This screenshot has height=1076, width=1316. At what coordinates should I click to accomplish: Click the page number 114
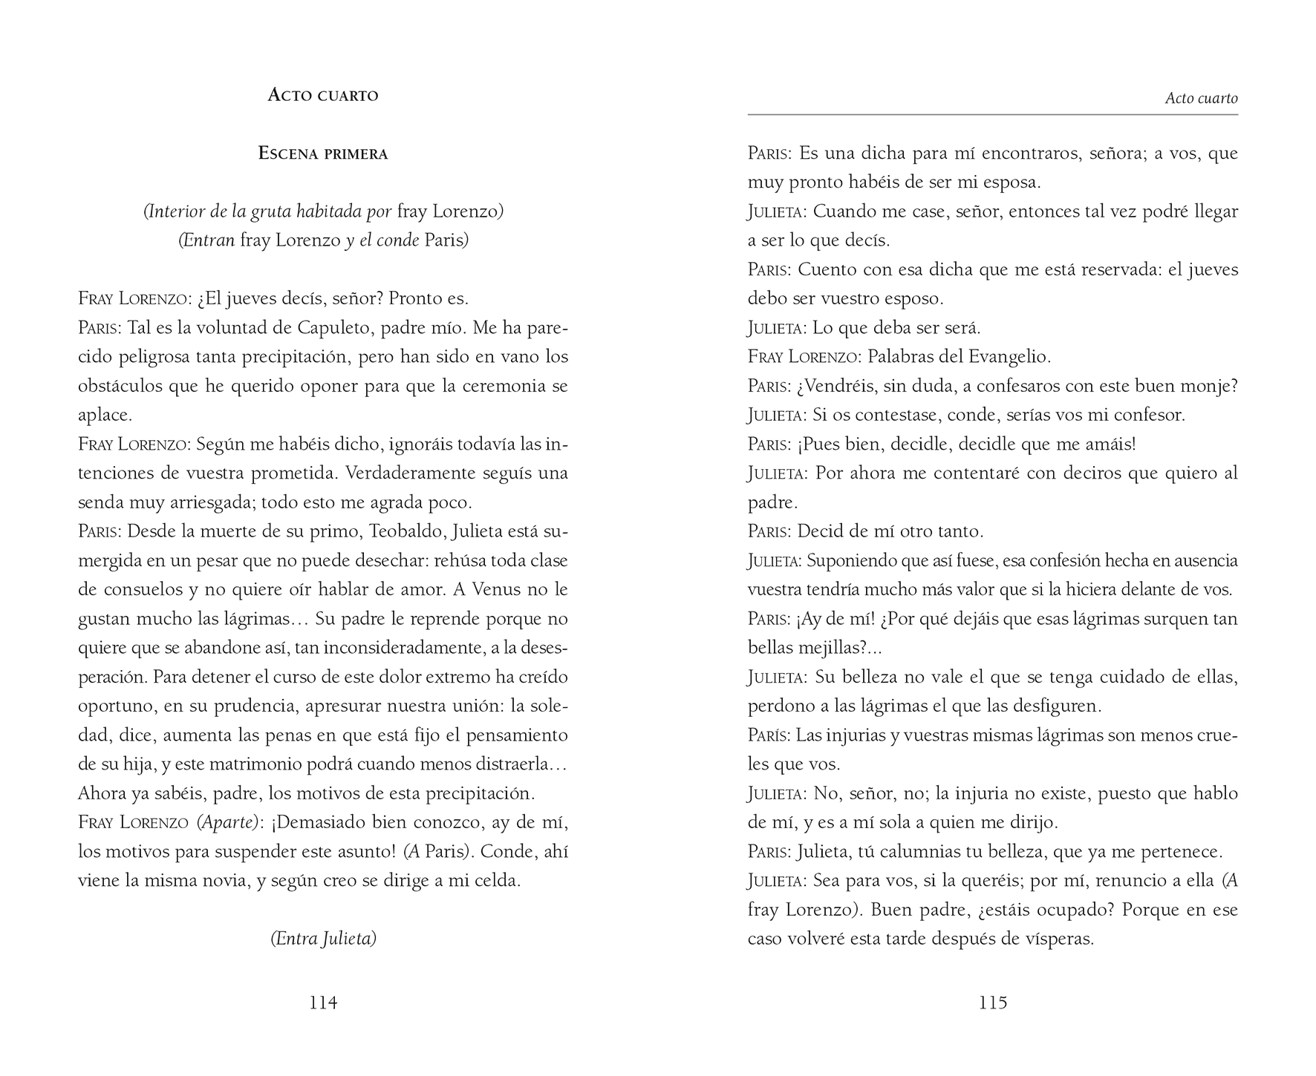pos(323,1003)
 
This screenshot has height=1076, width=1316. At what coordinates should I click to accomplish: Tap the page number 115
pos(992,1003)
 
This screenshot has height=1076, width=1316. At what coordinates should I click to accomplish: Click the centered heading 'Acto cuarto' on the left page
pos(323,95)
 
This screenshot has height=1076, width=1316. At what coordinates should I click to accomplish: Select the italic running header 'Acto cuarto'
pos(1201,98)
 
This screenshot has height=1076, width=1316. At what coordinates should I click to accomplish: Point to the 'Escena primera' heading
pos(323,154)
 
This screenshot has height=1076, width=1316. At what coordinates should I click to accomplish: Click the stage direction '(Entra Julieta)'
pos(323,939)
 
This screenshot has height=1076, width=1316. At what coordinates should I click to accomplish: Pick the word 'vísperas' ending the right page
pos(1058,939)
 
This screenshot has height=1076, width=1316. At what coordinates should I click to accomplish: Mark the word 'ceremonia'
pos(504,386)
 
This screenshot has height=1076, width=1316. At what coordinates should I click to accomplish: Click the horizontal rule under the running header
pos(992,115)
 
